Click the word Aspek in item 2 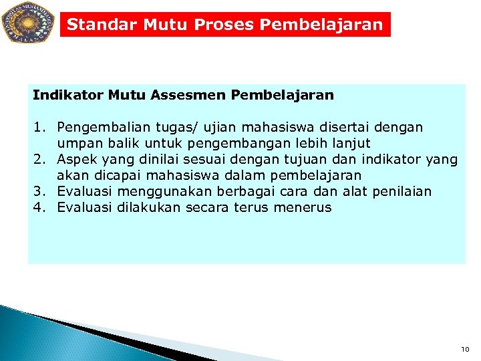(x=75, y=159)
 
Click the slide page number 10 (x=465, y=349)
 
